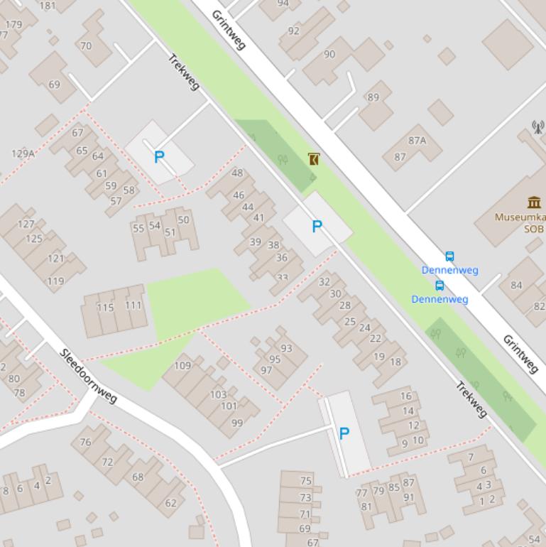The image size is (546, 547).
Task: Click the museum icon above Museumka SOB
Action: [x=534, y=202]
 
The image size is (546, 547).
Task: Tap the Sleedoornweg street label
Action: [x=88, y=376]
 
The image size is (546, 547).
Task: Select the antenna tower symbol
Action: [x=538, y=127]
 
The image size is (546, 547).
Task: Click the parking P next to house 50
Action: [x=160, y=157]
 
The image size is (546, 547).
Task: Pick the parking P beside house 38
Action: [x=317, y=227]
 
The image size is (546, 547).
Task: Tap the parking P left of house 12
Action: [x=344, y=433]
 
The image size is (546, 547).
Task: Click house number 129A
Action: [x=23, y=153]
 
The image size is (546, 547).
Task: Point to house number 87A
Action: [x=417, y=141]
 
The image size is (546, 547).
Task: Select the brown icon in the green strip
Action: [x=314, y=159]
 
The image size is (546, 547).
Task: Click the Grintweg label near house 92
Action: [x=228, y=30]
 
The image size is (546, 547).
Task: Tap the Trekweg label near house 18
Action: [x=471, y=400]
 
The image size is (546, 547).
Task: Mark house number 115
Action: [x=105, y=308]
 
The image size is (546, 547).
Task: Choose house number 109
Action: [x=182, y=366]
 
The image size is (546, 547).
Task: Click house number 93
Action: [x=286, y=348]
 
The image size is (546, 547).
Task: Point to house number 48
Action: [x=237, y=173]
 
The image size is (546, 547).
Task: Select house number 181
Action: [x=48, y=6]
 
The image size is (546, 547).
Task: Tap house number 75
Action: [x=305, y=481]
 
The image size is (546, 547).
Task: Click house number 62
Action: [x=170, y=503]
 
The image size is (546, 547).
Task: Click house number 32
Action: [x=324, y=281]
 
